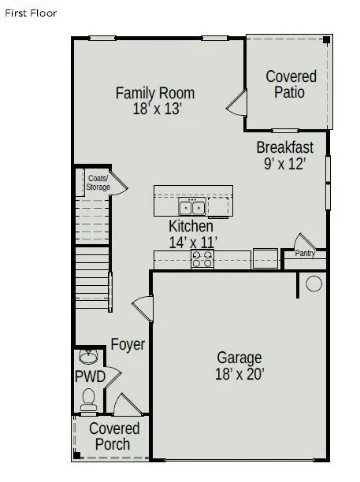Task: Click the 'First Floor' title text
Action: pyautogui.click(x=31, y=13)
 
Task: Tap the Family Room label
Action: pyautogui.click(x=155, y=93)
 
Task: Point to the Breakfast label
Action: pyautogui.click(x=285, y=147)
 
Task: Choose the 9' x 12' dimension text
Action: pyautogui.click(x=284, y=164)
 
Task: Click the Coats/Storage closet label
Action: pyautogui.click(x=98, y=183)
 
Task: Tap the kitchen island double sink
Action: pyautogui.click(x=192, y=208)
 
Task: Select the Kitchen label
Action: pyautogui.click(x=191, y=227)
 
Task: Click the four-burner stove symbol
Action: pyautogui.click(x=202, y=258)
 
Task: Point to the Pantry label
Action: pyautogui.click(x=305, y=254)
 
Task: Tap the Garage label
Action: pyautogui.click(x=239, y=359)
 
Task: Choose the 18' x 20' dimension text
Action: pyautogui.click(x=240, y=376)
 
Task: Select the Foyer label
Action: pyautogui.click(x=128, y=344)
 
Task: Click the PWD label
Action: pyautogui.click(x=90, y=376)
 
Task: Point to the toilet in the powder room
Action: pyautogui.click(x=88, y=399)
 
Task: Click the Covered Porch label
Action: pyautogui.click(x=114, y=436)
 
